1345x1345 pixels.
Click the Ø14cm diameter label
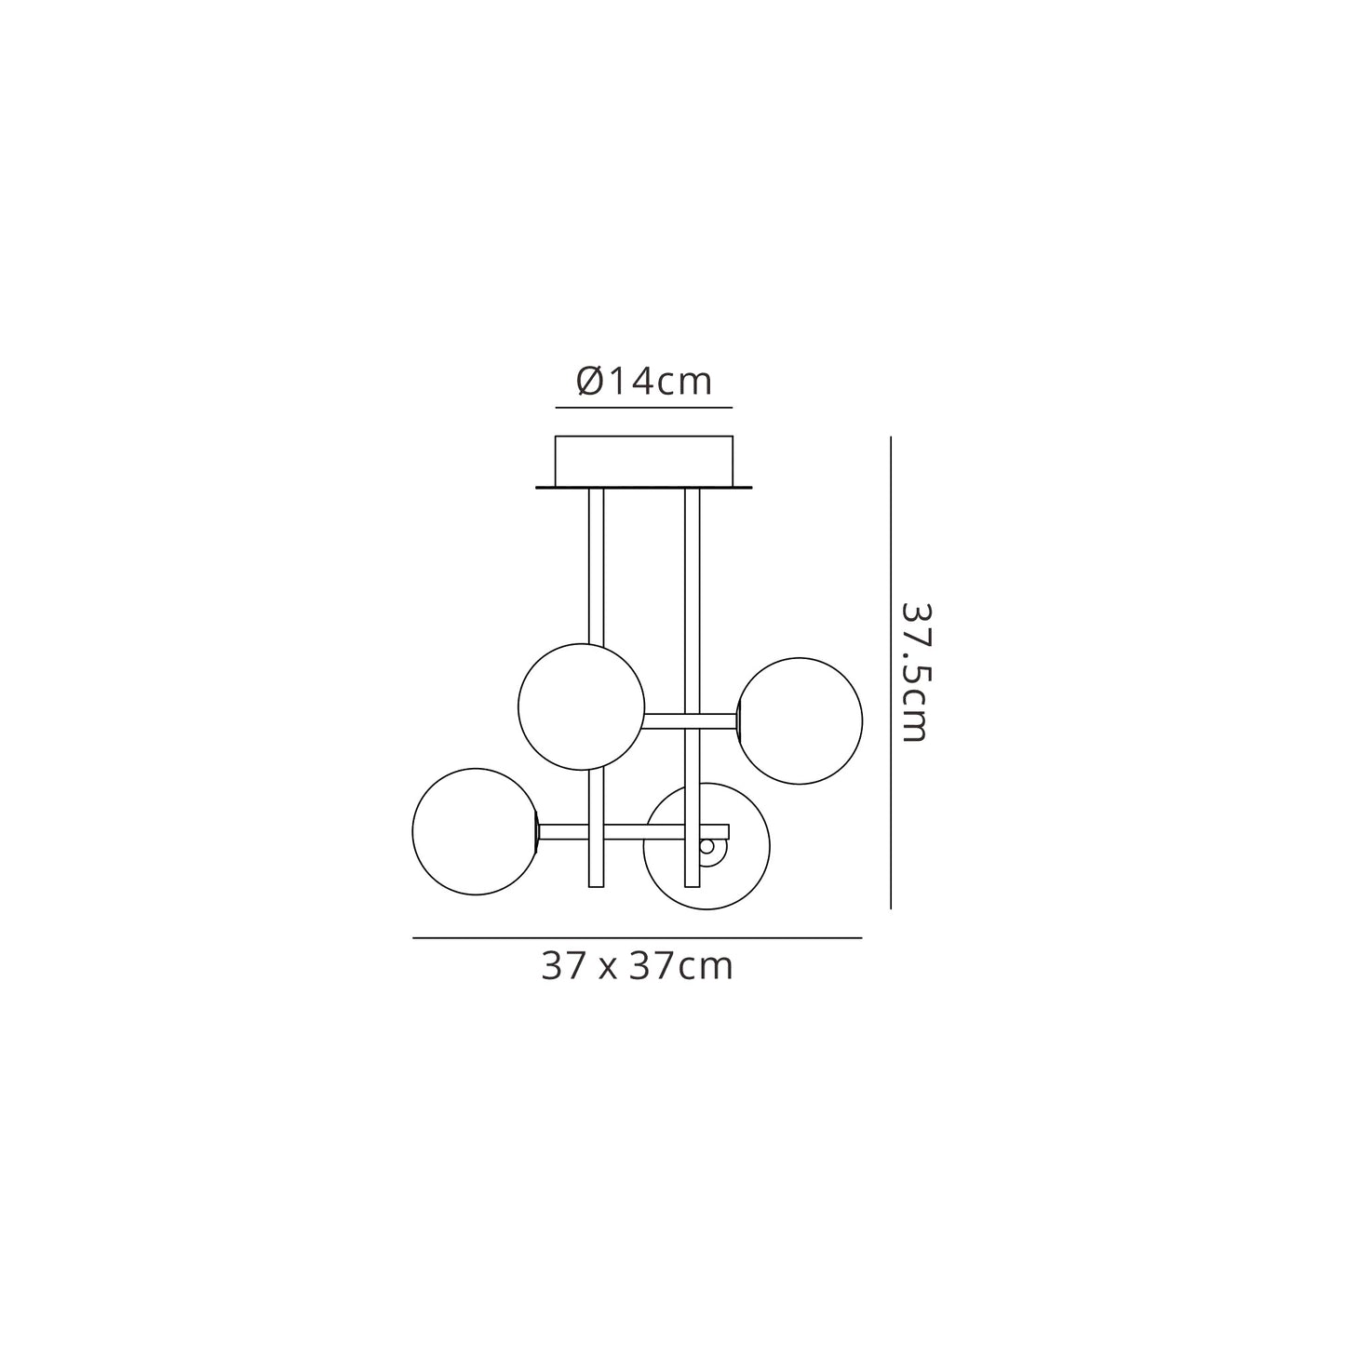pos(643,381)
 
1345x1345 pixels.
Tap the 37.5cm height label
pos(914,673)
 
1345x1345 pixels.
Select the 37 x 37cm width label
pos(638,967)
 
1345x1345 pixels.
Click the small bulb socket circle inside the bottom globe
pos(707,847)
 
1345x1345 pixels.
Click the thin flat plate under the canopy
pos(643,487)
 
